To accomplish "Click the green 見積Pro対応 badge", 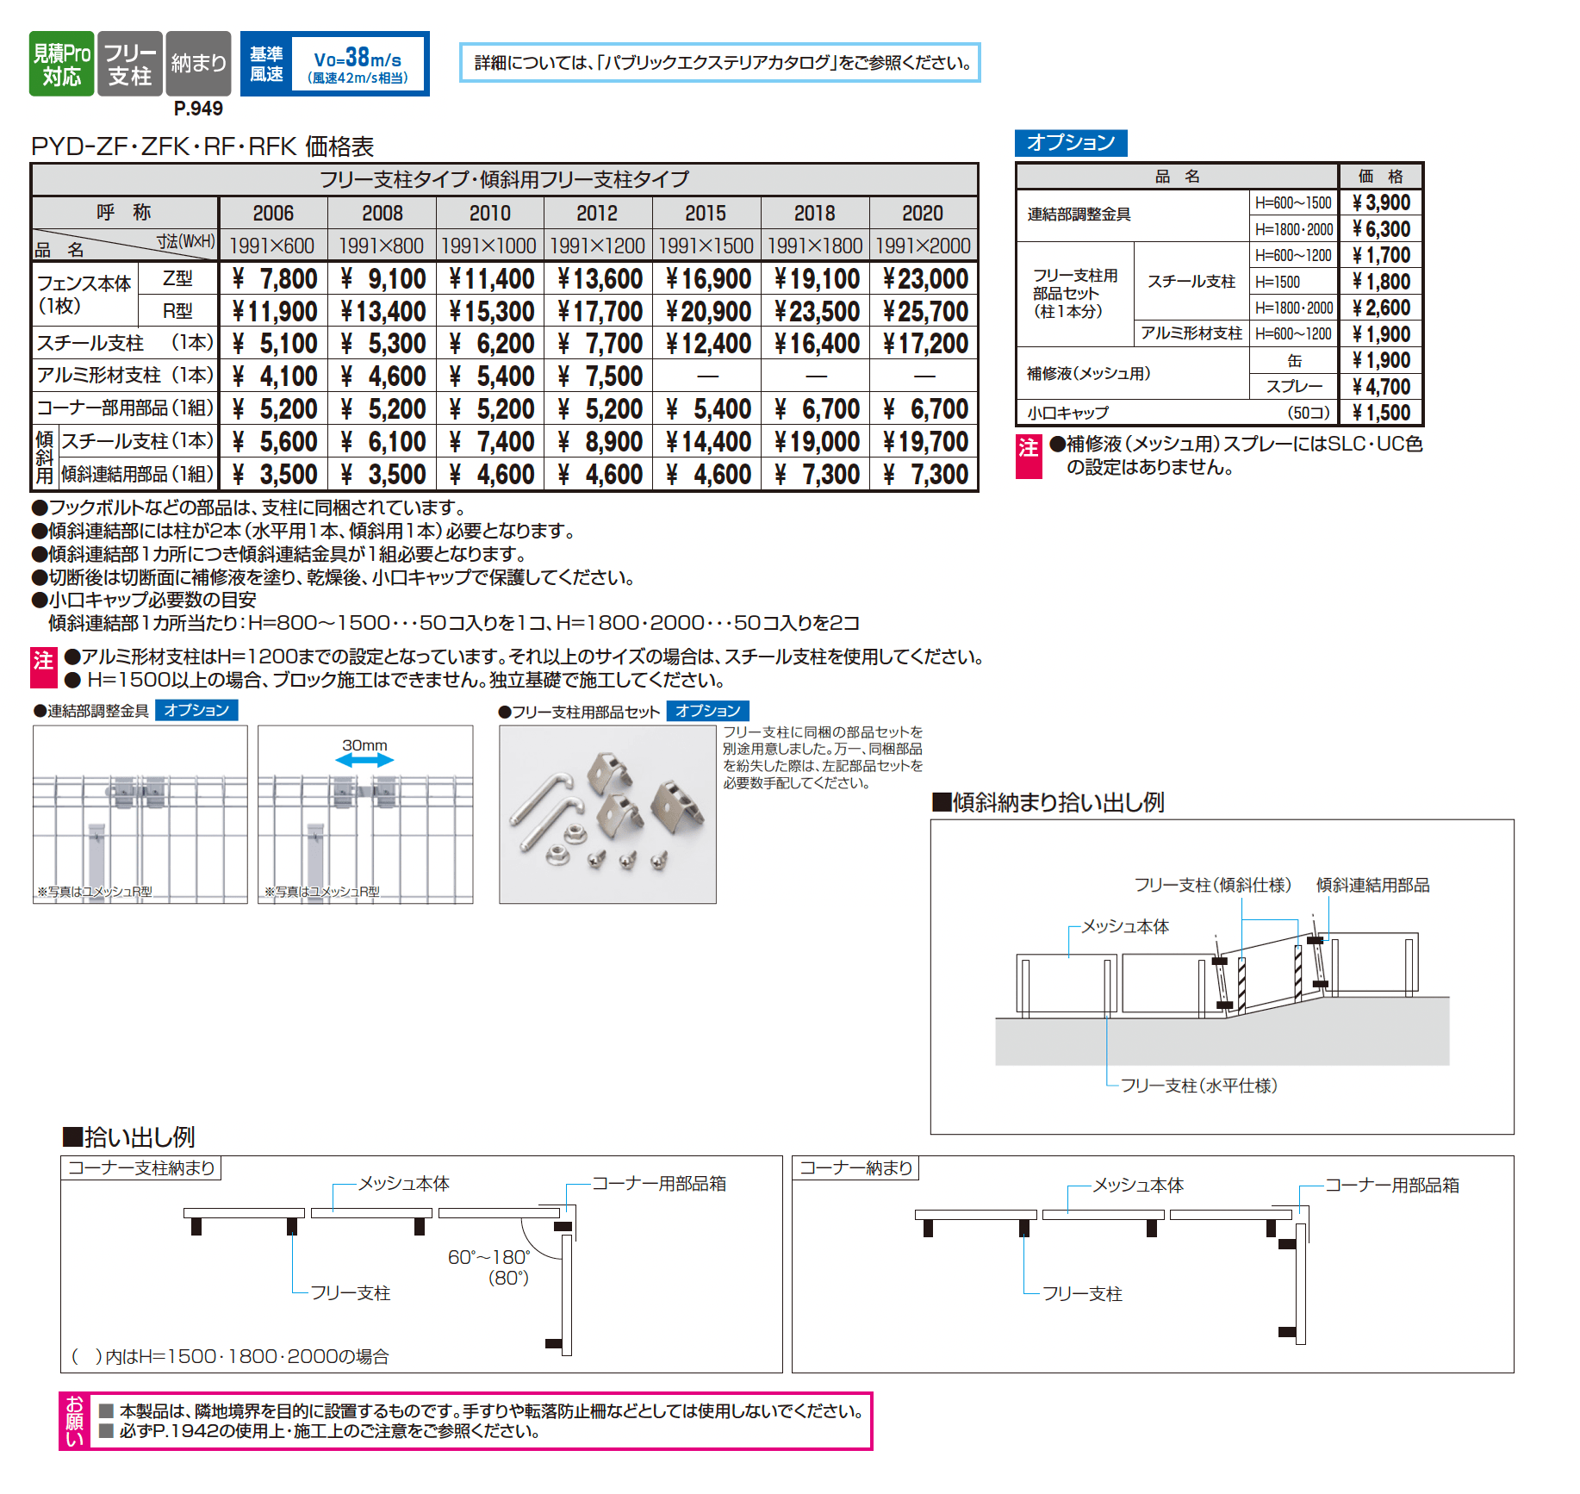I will pyautogui.click(x=61, y=64).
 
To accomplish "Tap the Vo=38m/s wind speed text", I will pyautogui.click(x=358, y=59).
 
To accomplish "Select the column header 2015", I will pyautogui.click(x=706, y=213).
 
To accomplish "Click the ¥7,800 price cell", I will pyautogui.click(x=275, y=278).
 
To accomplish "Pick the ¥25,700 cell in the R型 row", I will pyautogui.click(x=924, y=311).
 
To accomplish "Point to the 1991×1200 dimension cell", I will pyautogui.click(x=597, y=246).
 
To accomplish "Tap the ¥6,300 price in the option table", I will pyautogui.click(x=1381, y=229).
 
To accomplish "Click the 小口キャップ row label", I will pyautogui.click(x=1068, y=413).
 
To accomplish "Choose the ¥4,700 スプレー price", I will pyautogui.click(x=1381, y=387).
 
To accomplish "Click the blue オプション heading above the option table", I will pyautogui.click(x=1071, y=142).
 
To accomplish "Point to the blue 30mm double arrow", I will pyautogui.click(x=364, y=760).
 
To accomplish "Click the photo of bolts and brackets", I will pyautogui.click(x=607, y=814).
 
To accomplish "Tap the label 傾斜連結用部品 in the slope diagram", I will pyautogui.click(x=1372, y=885).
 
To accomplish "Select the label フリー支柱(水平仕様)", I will pyautogui.click(x=1198, y=1086).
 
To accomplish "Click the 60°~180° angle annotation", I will pyautogui.click(x=488, y=1257).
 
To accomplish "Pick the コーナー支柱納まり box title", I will pyautogui.click(x=141, y=1167).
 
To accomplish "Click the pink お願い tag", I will pyautogui.click(x=75, y=1421).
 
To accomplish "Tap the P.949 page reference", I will pyautogui.click(x=198, y=109).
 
